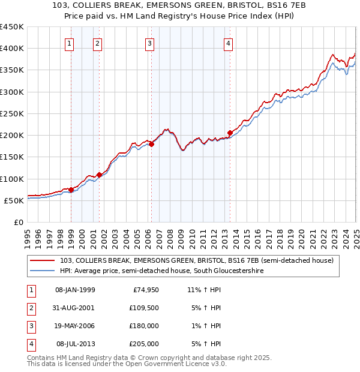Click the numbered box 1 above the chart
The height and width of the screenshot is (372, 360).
70,43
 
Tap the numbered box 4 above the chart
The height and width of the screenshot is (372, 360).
229,43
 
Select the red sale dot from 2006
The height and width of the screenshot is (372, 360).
152,144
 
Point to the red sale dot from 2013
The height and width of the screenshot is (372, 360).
230,133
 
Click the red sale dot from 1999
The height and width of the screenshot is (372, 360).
71,190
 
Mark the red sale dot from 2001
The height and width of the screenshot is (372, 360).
99,175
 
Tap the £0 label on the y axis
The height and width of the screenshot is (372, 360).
18,222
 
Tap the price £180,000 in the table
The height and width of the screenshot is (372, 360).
145,326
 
